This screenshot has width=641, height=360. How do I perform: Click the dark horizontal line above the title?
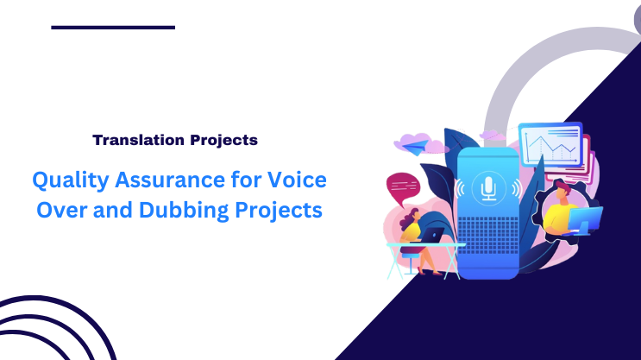coord(113,28)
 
